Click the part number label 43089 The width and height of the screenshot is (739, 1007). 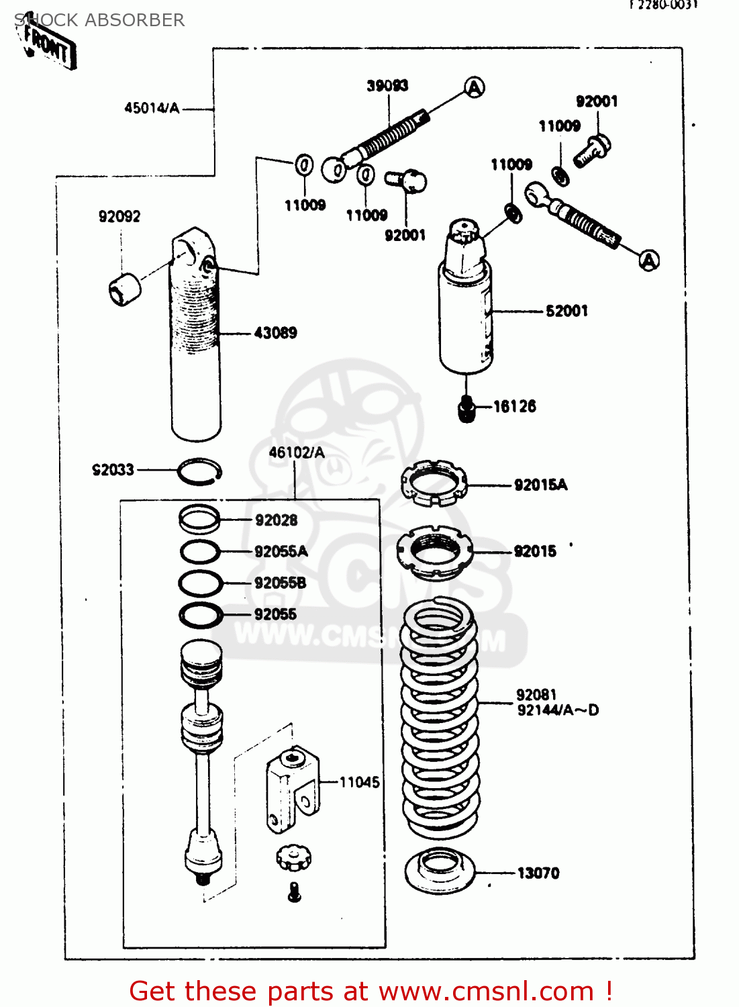point(275,333)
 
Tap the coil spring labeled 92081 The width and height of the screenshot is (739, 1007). point(440,718)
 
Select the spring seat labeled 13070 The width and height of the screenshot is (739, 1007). point(440,871)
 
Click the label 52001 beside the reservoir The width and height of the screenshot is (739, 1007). point(566,311)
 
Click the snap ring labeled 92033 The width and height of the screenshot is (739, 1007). point(199,471)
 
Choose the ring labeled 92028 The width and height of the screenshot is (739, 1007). point(199,518)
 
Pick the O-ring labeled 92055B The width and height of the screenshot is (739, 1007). point(200,583)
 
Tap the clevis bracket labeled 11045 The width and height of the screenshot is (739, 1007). point(293,789)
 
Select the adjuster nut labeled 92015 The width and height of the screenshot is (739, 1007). point(434,553)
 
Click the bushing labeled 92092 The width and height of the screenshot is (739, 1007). point(124,289)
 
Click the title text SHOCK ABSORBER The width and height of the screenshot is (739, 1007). point(99,20)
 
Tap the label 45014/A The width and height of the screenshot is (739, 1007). point(152,108)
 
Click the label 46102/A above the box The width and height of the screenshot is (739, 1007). point(296,452)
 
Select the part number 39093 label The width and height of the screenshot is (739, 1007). point(387,85)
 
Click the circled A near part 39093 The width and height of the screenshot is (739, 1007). point(475,87)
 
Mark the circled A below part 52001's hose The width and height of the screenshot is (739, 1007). point(648,260)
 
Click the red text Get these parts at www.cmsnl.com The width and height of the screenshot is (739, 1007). point(370,991)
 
